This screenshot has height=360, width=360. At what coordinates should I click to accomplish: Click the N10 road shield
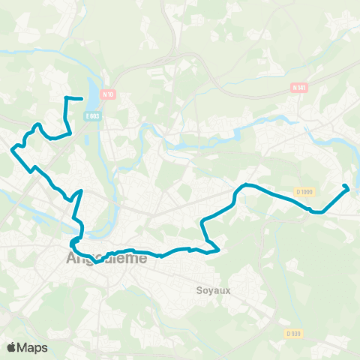(x=109, y=94)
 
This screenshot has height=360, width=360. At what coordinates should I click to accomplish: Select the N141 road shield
(x=299, y=88)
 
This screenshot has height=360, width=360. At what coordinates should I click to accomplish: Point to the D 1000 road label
(x=303, y=191)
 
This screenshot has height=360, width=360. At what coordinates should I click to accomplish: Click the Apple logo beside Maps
(x=12, y=347)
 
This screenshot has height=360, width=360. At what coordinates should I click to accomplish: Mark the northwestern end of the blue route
(x=80, y=98)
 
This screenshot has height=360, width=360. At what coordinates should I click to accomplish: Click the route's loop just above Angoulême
(x=74, y=241)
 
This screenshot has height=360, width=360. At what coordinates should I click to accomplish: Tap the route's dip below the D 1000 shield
(x=317, y=212)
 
